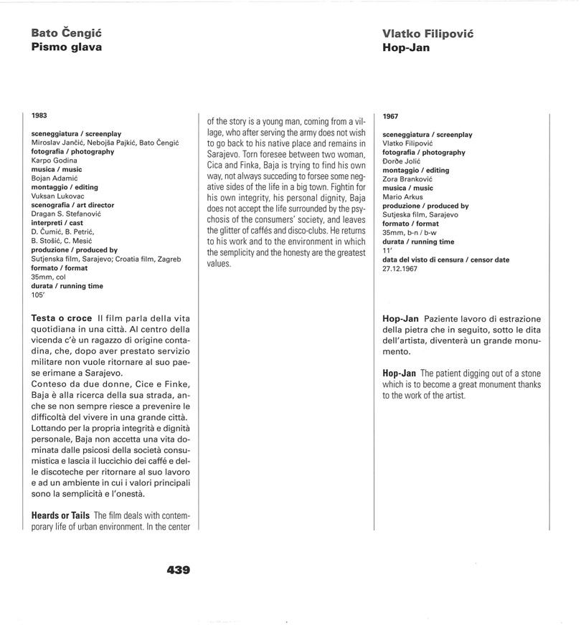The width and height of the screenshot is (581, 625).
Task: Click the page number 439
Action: coord(178,571)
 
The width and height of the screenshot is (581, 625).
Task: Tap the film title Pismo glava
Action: coord(66,47)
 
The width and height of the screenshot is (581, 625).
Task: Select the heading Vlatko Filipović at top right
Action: coord(428,34)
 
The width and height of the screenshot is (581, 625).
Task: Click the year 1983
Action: coord(39,115)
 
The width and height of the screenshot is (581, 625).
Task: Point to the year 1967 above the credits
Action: coord(391,116)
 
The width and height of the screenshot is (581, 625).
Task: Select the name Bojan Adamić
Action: coord(55,178)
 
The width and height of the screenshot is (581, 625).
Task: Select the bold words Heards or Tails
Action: coord(60,515)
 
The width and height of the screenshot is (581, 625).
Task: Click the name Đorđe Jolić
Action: coord(402,161)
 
